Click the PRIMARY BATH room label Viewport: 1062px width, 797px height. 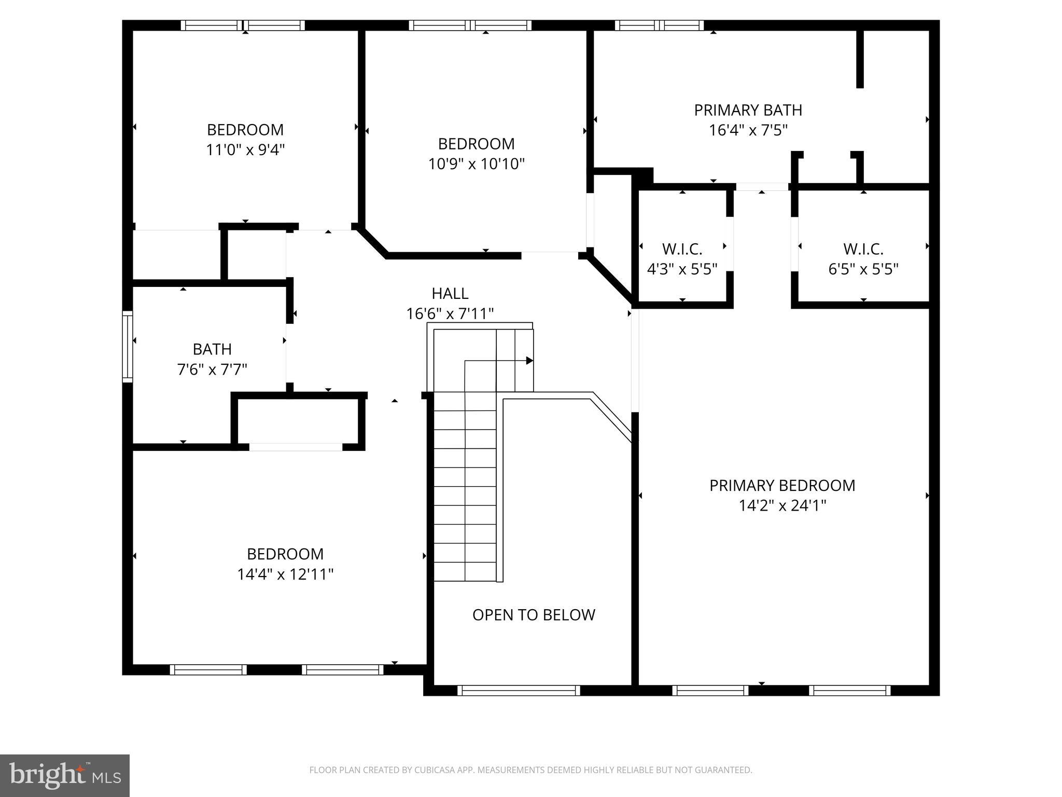[748, 110]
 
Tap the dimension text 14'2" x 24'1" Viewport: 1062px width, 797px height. [782, 505]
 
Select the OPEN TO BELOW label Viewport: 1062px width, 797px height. [534, 615]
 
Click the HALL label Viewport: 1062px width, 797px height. [450, 294]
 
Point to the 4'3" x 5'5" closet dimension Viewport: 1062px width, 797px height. [682, 269]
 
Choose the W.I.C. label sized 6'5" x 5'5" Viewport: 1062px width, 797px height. [863, 249]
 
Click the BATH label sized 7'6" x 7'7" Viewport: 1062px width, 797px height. [212, 349]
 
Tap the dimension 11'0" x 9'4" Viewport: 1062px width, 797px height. [245, 150]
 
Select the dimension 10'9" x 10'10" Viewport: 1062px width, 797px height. [476, 164]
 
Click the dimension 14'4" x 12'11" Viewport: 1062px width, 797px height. [285, 574]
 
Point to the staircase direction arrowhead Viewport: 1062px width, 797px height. [529, 361]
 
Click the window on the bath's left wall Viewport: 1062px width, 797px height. [127, 347]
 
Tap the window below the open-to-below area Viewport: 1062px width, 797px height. [519, 690]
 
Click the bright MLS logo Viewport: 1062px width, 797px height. [65, 775]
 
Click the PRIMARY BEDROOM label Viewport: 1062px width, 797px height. [782, 486]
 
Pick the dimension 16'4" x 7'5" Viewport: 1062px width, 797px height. [748, 130]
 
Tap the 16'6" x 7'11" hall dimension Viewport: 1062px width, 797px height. [450, 314]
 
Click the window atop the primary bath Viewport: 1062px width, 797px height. [659, 25]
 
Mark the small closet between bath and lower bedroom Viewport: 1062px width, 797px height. [298, 421]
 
